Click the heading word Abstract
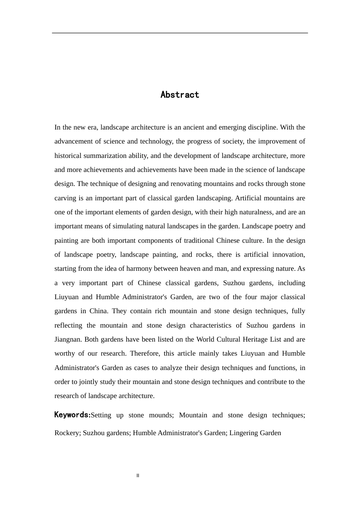pos(180,95)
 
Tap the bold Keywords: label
pos(72,415)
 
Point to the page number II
pos(138,476)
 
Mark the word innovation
pos(288,254)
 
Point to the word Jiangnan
pos(68,339)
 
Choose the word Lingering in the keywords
pos(244,433)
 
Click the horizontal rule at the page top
pos(180,33)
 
